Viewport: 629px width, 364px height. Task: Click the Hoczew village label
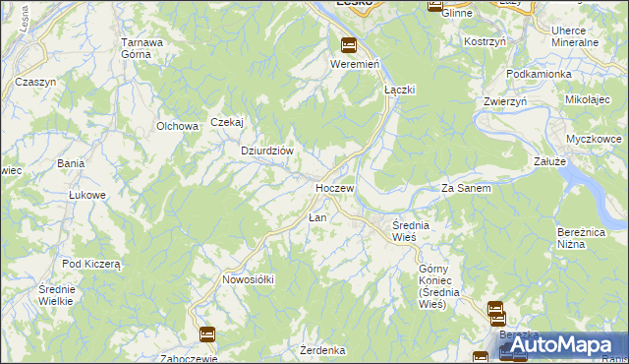[334, 187]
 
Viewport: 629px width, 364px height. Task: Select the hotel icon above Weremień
[348, 45]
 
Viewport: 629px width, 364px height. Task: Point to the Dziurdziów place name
[268, 151]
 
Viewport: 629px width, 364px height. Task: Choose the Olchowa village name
[178, 126]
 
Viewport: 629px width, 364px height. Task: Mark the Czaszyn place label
[35, 82]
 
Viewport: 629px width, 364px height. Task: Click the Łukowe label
[86, 195]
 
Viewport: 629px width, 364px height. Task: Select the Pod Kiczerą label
[90, 264]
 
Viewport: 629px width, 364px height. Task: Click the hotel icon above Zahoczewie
[206, 334]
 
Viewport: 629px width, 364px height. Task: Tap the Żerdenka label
[323, 350]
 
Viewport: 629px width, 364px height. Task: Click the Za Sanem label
[466, 188]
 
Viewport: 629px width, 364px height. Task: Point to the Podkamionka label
[538, 74]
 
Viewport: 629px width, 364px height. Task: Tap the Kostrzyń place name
[485, 43]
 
